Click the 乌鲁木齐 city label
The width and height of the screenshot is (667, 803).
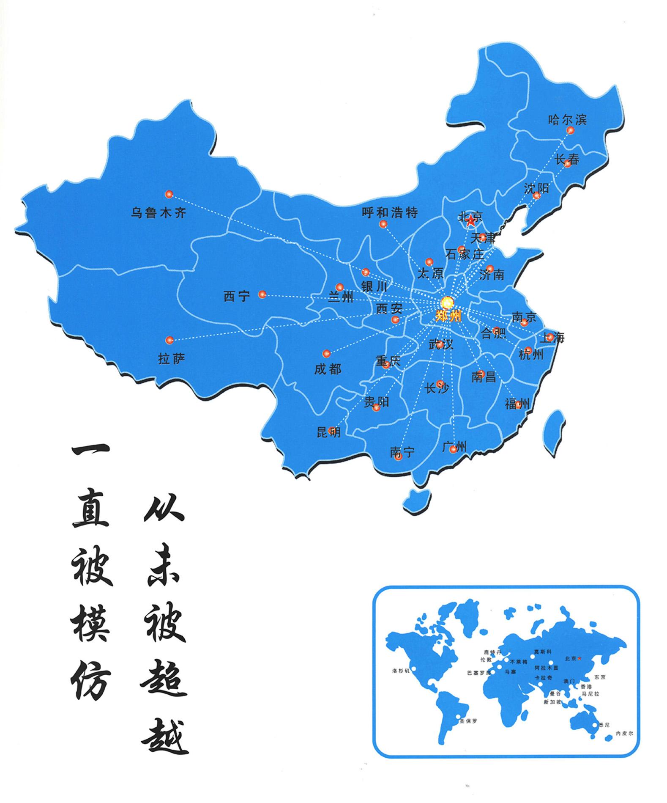coord(158,213)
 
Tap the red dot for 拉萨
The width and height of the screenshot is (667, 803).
coord(169,340)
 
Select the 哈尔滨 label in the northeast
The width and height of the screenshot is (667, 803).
coord(567,120)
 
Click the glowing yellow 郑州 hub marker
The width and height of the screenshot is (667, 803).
coord(446,302)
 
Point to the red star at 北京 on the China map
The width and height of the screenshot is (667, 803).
coord(470,219)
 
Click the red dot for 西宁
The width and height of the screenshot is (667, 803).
coord(262,294)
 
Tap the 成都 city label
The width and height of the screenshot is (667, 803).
coord(327,369)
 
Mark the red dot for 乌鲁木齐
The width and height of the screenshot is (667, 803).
coord(169,194)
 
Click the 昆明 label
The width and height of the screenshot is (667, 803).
coord(328,432)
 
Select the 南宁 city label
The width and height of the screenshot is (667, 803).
coord(402,452)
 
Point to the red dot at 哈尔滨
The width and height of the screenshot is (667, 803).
coord(570,131)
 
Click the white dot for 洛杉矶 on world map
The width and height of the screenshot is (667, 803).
coord(413,668)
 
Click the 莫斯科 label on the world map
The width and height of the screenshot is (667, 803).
coord(543,652)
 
